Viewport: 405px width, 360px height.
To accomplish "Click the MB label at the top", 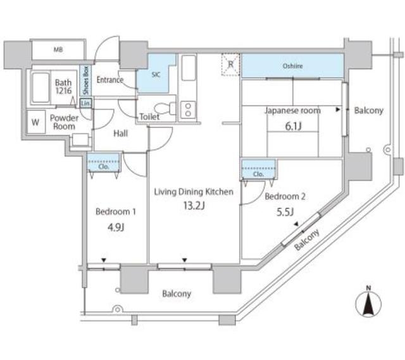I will (58, 49).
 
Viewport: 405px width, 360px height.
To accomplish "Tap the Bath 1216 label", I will (63, 86).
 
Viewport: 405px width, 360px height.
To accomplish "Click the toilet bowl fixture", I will (159, 106).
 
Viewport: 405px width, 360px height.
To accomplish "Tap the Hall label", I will (121, 134).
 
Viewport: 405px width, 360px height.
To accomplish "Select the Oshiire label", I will (292, 66).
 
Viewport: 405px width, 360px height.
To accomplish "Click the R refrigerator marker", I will (232, 63).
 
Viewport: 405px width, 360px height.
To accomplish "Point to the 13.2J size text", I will (195, 205).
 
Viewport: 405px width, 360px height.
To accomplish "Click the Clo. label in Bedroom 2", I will (258, 174).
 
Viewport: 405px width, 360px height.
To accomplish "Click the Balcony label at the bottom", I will (177, 294).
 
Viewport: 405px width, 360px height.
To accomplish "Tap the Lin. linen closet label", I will (87, 102).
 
